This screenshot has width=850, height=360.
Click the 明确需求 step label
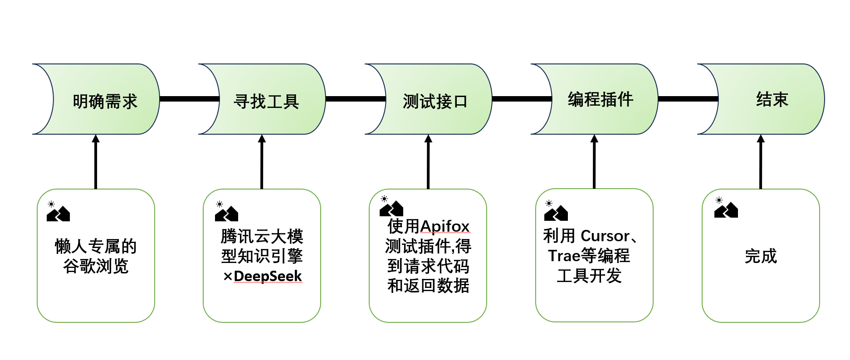tap(105, 101)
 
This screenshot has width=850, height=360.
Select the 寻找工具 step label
tap(266, 101)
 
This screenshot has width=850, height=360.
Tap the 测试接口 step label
tap(435, 101)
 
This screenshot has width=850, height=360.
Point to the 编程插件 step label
tap(600, 99)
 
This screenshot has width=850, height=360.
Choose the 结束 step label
tap(772, 99)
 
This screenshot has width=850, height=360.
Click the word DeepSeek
tap(268, 276)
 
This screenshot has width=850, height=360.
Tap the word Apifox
tap(445, 226)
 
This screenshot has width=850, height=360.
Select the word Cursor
tap(605, 236)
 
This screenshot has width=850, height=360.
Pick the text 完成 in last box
tap(761, 256)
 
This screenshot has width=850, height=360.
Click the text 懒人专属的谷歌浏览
tap(96, 256)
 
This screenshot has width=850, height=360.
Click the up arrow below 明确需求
tap(96, 161)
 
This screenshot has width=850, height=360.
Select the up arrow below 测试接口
tap(428, 161)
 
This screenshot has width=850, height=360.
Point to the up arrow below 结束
tap(761, 161)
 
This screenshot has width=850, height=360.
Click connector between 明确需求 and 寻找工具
tap(189, 99)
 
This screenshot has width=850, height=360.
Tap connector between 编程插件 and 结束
tap(688, 99)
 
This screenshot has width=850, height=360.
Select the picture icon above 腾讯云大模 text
tap(226, 212)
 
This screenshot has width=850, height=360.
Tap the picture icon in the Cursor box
tap(555, 211)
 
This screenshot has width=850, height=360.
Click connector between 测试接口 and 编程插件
tap(522, 99)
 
